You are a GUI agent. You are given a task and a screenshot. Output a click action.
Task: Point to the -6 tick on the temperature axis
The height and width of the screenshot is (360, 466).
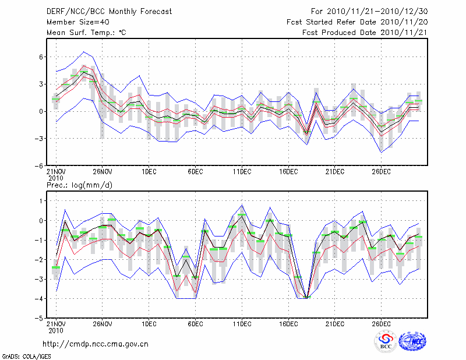click(x=40, y=165)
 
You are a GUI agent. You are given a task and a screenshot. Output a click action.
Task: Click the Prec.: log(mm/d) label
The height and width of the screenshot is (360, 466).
click(x=80, y=185)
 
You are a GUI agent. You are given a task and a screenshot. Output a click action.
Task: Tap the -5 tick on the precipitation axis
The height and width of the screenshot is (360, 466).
click(x=40, y=319)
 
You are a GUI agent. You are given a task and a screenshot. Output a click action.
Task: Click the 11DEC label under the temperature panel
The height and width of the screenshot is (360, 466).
click(x=242, y=172)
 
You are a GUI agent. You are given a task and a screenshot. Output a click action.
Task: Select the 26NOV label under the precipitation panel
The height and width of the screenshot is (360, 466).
click(x=102, y=324)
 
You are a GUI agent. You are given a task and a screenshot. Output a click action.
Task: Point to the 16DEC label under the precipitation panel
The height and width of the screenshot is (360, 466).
click(x=288, y=324)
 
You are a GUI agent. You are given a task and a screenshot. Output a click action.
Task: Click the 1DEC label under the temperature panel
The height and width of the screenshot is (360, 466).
click(x=149, y=172)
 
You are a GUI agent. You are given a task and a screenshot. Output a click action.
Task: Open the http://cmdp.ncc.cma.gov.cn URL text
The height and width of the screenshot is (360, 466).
click(x=96, y=344)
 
